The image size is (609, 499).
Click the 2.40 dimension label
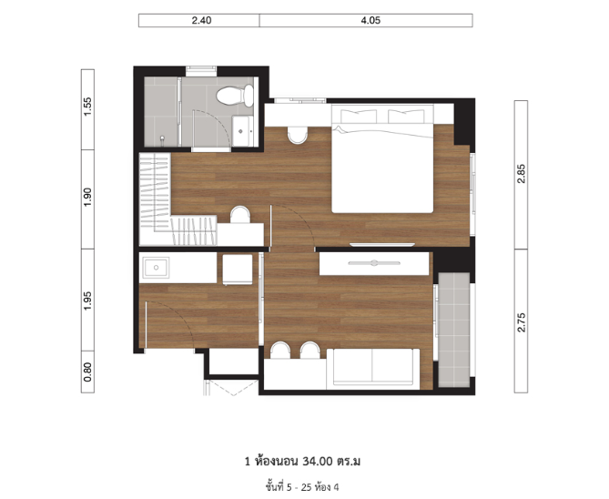(201, 21)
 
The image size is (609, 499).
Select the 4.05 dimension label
(370, 21)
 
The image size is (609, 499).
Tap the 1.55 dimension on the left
(87, 107)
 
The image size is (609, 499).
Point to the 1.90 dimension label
(87, 197)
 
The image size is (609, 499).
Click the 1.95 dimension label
(87, 300)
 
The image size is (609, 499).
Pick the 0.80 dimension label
(87, 372)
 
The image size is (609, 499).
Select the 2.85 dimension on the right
(522, 174)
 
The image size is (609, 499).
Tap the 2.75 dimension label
(522, 322)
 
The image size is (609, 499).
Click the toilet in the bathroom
(235, 96)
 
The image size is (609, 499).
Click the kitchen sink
(156, 268)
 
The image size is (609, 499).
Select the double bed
(382, 159)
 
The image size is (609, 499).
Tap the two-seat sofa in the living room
(373, 369)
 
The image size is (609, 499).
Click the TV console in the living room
(374, 263)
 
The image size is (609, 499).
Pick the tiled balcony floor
(453, 330)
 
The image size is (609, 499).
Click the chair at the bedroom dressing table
(240, 215)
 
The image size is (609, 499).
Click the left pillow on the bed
(359, 117)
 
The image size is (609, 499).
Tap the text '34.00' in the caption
(318, 462)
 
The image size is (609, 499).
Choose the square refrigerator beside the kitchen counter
(238, 270)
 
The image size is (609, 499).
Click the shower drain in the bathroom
(162, 138)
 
